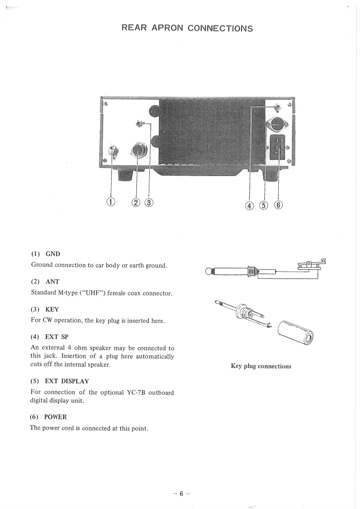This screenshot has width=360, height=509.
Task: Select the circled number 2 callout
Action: click(x=137, y=202)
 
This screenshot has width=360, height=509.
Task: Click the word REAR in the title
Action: click(x=134, y=28)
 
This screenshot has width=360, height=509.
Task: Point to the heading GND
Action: click(x=53, y=254)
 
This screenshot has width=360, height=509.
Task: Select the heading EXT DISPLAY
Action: click(x=67, y=381)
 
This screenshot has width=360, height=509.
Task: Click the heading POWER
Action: click(x=55, y=417)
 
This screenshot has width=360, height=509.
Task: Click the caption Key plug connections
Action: click(x=261, y=366)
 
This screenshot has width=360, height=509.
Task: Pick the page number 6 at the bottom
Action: click(x=180, y=494)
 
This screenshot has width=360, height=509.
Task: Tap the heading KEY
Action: click(x=52, y=309)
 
